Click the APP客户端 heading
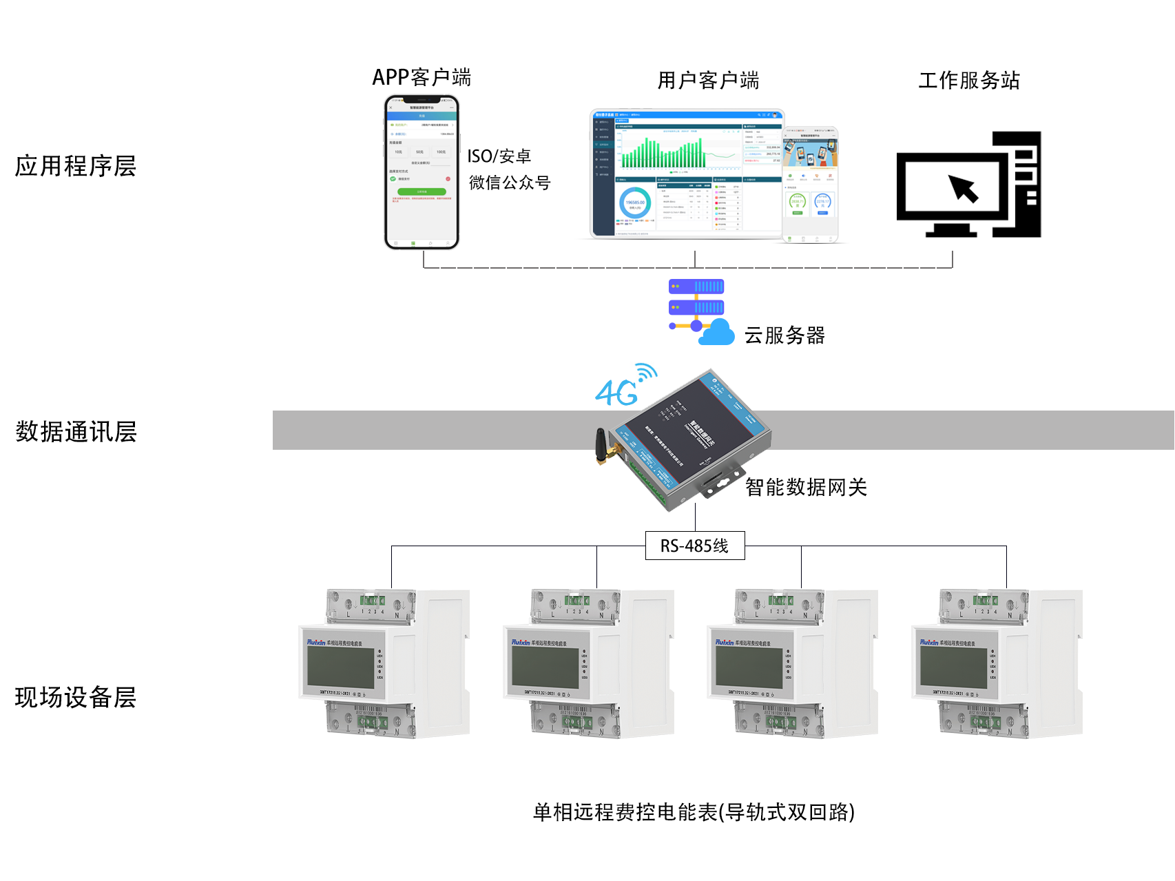tap(422, 78)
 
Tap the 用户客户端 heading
tap(708, 81)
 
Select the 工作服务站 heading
tap(968, 81)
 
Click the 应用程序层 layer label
tap(76, 166)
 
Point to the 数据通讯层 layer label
tap(76, 432)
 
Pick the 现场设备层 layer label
tap(76, 697)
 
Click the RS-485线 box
tap(694, 546)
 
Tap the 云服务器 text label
tap(784, 335)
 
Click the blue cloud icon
tap(717, 333)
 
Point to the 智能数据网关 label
tap(806, 488)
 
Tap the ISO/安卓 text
tap(499, 156)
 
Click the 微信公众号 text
tap(510, 183)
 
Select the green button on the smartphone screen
tap(422, 191)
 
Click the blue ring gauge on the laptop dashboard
tap(634, 203)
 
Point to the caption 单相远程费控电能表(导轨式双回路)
tap(694, 812)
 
